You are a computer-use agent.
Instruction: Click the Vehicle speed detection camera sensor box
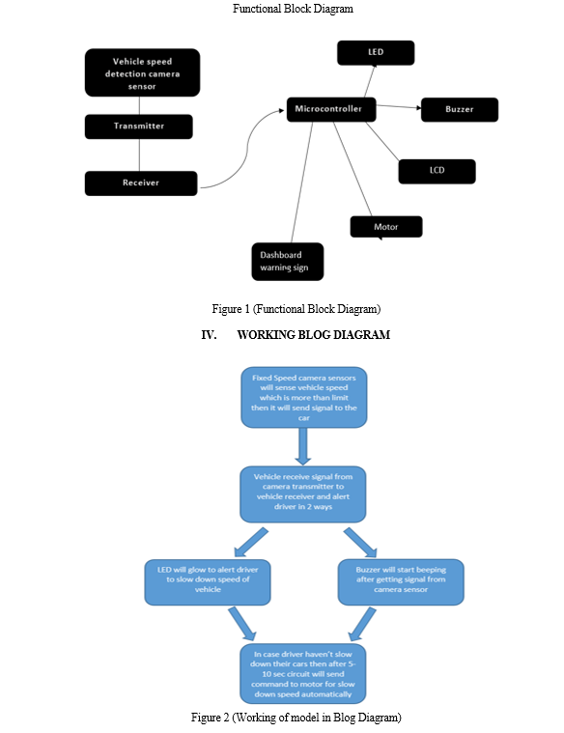pos(142,72)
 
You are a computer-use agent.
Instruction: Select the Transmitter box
pos(138,127)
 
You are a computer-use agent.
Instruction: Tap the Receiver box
pos(141,183)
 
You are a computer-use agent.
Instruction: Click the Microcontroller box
pos(331,109)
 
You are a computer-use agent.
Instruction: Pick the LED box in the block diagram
pos(376,52)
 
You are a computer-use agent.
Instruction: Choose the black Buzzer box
pos(460,109)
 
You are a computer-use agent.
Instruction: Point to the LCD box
pos(437,171)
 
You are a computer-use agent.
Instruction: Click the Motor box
pos(386,227)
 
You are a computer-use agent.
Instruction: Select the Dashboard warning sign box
pos(287,262)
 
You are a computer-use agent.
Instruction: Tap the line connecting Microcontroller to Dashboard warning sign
pos(302,183)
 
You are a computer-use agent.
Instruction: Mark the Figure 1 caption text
pos(296,309)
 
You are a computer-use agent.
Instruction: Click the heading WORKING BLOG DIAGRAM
pos(313,335)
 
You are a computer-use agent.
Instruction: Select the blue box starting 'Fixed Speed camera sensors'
pos(303,397)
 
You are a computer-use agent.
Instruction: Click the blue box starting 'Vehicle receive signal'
pos(302,494)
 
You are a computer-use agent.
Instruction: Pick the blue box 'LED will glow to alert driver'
pos(208,582)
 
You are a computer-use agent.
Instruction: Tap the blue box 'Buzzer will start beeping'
pos(401,581)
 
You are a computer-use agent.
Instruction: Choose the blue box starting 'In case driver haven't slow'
pos(302,674)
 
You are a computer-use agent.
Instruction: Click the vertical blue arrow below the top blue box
pos(303,446)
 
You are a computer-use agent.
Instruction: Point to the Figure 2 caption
pos(296,718)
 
